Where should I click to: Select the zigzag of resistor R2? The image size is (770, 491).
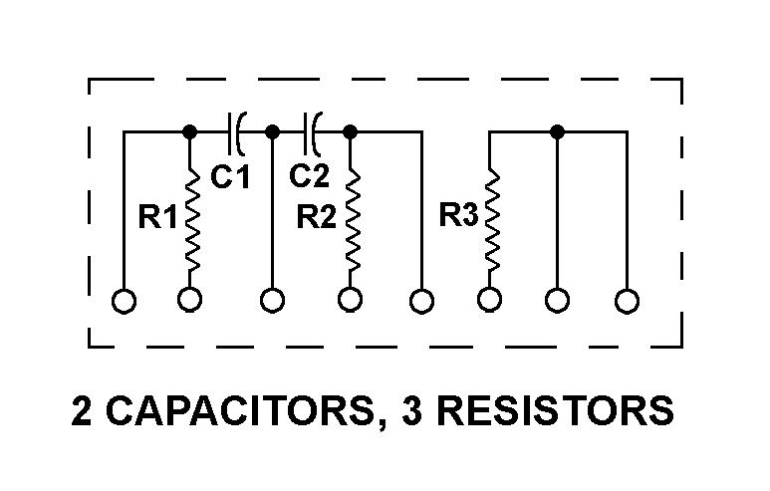(351, 219)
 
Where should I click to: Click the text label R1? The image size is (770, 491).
(157, 217)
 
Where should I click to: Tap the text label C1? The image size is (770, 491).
(230, 177)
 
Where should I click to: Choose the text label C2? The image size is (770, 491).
(309, 176)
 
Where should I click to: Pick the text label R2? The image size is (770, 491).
(317, 218)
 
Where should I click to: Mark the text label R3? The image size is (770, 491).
(459, 215)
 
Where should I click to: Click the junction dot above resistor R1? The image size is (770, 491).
(190, 129)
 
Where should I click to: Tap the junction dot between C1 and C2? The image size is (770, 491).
(272, 129)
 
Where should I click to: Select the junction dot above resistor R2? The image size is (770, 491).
(351, 129)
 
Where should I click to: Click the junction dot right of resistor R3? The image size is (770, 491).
(558, 129)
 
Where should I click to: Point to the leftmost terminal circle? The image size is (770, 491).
(124, 300)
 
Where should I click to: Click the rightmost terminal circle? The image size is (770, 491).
(627, 300)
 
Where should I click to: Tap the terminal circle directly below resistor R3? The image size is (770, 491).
(489, 300)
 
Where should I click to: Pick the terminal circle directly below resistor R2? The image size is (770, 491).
(351, 300)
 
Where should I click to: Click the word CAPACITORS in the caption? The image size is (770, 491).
(238, 410)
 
